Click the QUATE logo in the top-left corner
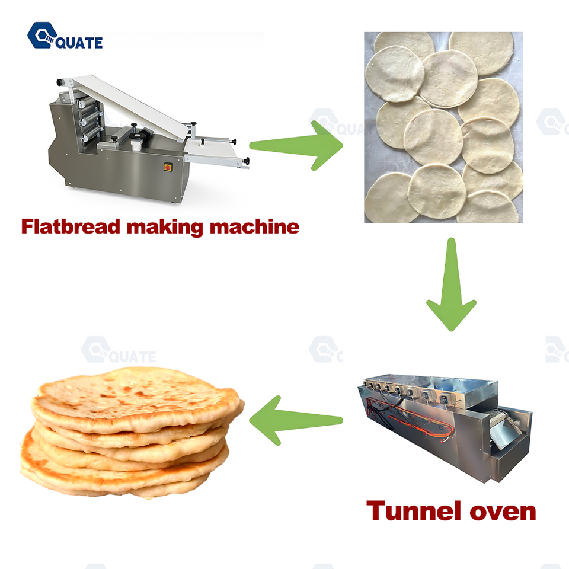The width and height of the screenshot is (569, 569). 65,36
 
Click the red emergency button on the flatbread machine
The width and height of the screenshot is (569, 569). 168,167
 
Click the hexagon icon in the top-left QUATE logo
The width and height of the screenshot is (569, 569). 40,35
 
